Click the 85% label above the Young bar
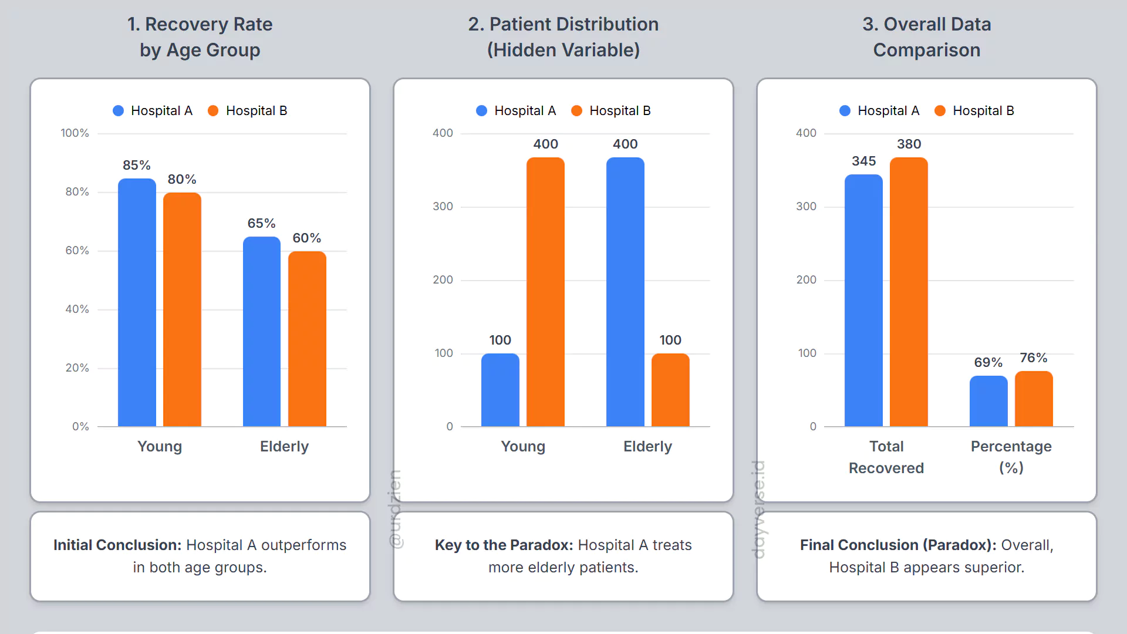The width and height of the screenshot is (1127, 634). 136,165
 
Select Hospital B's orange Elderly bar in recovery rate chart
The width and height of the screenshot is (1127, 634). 307,339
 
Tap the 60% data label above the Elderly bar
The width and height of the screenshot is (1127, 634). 306,238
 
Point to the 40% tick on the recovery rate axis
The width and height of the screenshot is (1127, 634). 77,309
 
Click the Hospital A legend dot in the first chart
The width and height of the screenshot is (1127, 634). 119,111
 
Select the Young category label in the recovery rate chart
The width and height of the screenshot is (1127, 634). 160,446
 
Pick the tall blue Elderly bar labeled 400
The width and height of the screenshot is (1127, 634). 625,292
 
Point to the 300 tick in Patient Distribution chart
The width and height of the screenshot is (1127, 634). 443,207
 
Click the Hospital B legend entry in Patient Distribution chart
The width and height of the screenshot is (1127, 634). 611,111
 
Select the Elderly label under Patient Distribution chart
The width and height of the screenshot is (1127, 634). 647,446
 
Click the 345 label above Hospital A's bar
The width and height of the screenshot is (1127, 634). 863,161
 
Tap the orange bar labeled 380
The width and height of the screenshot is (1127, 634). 909,292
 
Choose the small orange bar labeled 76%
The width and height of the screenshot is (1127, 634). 1034,399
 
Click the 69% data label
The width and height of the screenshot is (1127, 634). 988,362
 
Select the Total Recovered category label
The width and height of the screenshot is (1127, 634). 886,457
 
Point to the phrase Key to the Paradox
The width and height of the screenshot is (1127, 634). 504,545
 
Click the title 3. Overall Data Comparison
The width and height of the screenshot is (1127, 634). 926,37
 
